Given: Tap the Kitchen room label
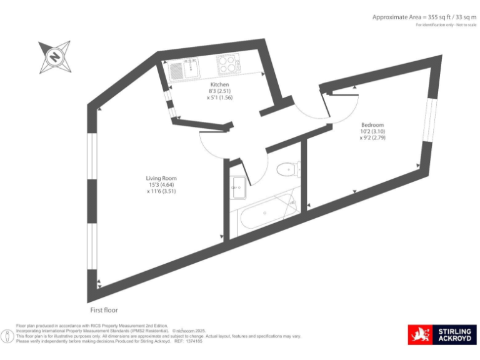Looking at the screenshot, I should coord(219,84).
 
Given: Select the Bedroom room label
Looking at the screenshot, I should coord(372,125).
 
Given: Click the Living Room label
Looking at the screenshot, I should coord(162,178).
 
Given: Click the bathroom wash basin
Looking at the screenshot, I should coord(237,185).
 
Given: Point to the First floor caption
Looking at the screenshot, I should coord(104,310).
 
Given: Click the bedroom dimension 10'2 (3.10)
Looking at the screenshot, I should coord(372,132).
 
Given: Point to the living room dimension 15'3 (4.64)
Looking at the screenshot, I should coord(162,185).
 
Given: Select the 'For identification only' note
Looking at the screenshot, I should coord(446,25).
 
